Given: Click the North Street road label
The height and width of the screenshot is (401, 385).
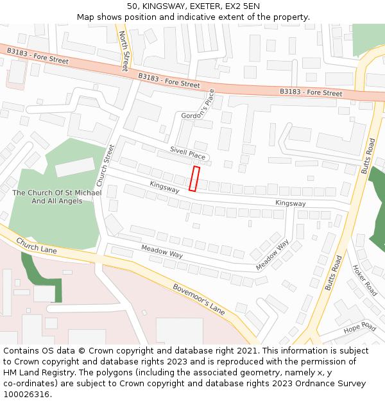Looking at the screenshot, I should coord(124,51).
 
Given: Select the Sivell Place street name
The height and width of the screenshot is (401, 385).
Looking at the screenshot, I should coord(187,153).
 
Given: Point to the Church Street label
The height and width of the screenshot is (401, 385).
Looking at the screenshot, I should coord(105,162).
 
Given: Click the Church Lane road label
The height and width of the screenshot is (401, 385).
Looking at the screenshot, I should coord(37,245).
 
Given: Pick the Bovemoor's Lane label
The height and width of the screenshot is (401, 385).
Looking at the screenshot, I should coord(199,298).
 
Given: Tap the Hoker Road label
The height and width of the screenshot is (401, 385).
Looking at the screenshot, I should coord(365,280).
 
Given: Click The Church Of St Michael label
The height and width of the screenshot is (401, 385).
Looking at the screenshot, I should coord(56,193).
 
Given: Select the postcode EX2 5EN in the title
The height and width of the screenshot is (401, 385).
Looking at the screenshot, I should coord(242,6).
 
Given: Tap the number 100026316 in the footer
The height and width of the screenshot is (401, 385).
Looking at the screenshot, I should coord(26,394).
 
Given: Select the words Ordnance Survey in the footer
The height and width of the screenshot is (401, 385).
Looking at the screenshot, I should coord(331,383).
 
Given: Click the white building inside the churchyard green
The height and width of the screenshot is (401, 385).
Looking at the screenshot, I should coord(75,167).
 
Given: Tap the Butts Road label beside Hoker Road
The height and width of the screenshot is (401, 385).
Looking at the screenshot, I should coord(334,273).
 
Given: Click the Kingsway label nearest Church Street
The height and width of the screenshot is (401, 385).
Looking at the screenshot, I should coord(165,187).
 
